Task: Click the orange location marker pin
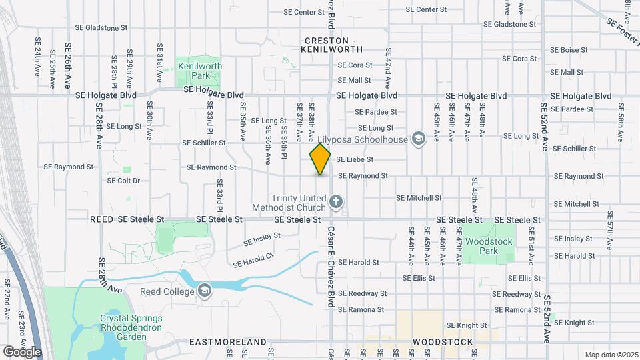[x=321, y=159]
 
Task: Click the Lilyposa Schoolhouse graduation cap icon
[x=418, y=139]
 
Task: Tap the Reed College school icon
[x=205, y=291]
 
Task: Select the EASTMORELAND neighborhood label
[x=228, y=342]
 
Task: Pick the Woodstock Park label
[x=490, y=246]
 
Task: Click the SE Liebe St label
[x=355, y=160]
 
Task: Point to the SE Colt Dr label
[x=124, y=181]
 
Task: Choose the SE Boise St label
[x=569, y=50]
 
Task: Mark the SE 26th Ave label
[x=68, y=67]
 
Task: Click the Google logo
[x=22, y=351]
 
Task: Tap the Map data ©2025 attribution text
[x=611, y=355]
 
